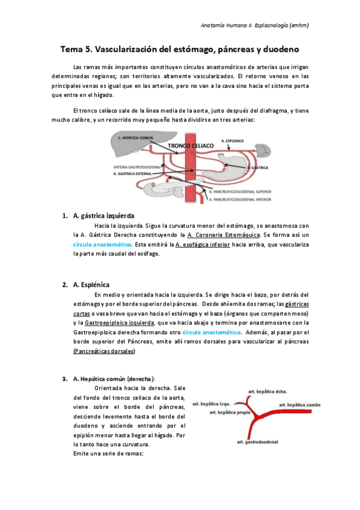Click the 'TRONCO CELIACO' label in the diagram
click(192, 146)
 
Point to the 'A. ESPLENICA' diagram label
click(233, 140)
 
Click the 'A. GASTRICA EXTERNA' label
click(132, 173)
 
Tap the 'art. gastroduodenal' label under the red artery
click(257, 442)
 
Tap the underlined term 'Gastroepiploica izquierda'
click(120, 323)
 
